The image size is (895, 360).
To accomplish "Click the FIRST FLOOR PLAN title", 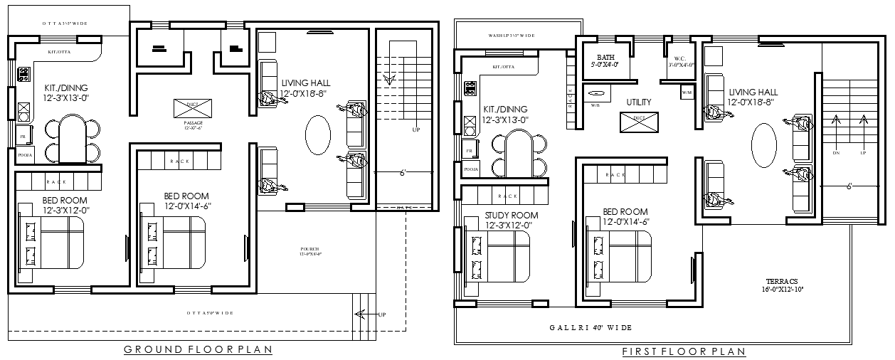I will click(684, 351).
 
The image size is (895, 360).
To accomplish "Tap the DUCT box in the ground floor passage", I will click(188, 108).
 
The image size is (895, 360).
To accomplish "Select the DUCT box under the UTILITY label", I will click(639, 122).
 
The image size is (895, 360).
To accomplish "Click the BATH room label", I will click(605, 58).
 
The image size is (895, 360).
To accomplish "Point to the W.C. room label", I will click(680, 58).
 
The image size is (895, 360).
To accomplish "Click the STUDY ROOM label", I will click(511, 215).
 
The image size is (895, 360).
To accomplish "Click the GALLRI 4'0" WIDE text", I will click(590, 327).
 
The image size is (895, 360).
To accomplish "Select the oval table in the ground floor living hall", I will click(317, 132).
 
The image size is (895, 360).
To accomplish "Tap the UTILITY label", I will click(639, 102).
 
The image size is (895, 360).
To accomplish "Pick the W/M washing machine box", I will click(687, 92).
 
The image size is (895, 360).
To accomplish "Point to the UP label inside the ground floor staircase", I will click(415, 130).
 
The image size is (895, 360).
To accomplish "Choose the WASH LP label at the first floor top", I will click(511, 35).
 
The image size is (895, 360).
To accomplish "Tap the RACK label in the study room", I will click(507, 196).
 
